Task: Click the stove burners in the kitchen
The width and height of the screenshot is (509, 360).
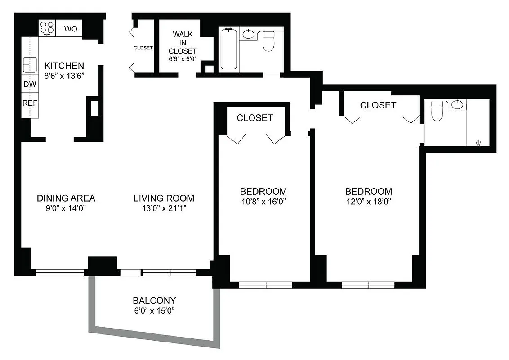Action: point(47,28)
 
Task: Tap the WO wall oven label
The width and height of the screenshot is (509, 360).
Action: point(71,29)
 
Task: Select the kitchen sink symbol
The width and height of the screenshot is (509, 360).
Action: point(30,65)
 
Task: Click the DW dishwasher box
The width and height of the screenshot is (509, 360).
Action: point(29,84)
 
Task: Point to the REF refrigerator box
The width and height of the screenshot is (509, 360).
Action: point(30,103)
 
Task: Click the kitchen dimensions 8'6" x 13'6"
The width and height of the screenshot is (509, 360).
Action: point(65,76)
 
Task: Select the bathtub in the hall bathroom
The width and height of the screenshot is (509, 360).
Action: point(228,49)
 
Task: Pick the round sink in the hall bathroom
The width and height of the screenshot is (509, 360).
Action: point(248,34)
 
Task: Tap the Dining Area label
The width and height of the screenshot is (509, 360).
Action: point(66,198)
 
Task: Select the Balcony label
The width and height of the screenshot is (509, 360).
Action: point(154,300)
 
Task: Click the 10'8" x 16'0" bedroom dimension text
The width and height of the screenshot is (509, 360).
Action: point(263,202)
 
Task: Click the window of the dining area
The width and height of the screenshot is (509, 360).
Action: point(60,272)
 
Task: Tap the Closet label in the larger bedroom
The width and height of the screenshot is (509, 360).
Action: point(378,105)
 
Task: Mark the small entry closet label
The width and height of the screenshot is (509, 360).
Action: point(143,48)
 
